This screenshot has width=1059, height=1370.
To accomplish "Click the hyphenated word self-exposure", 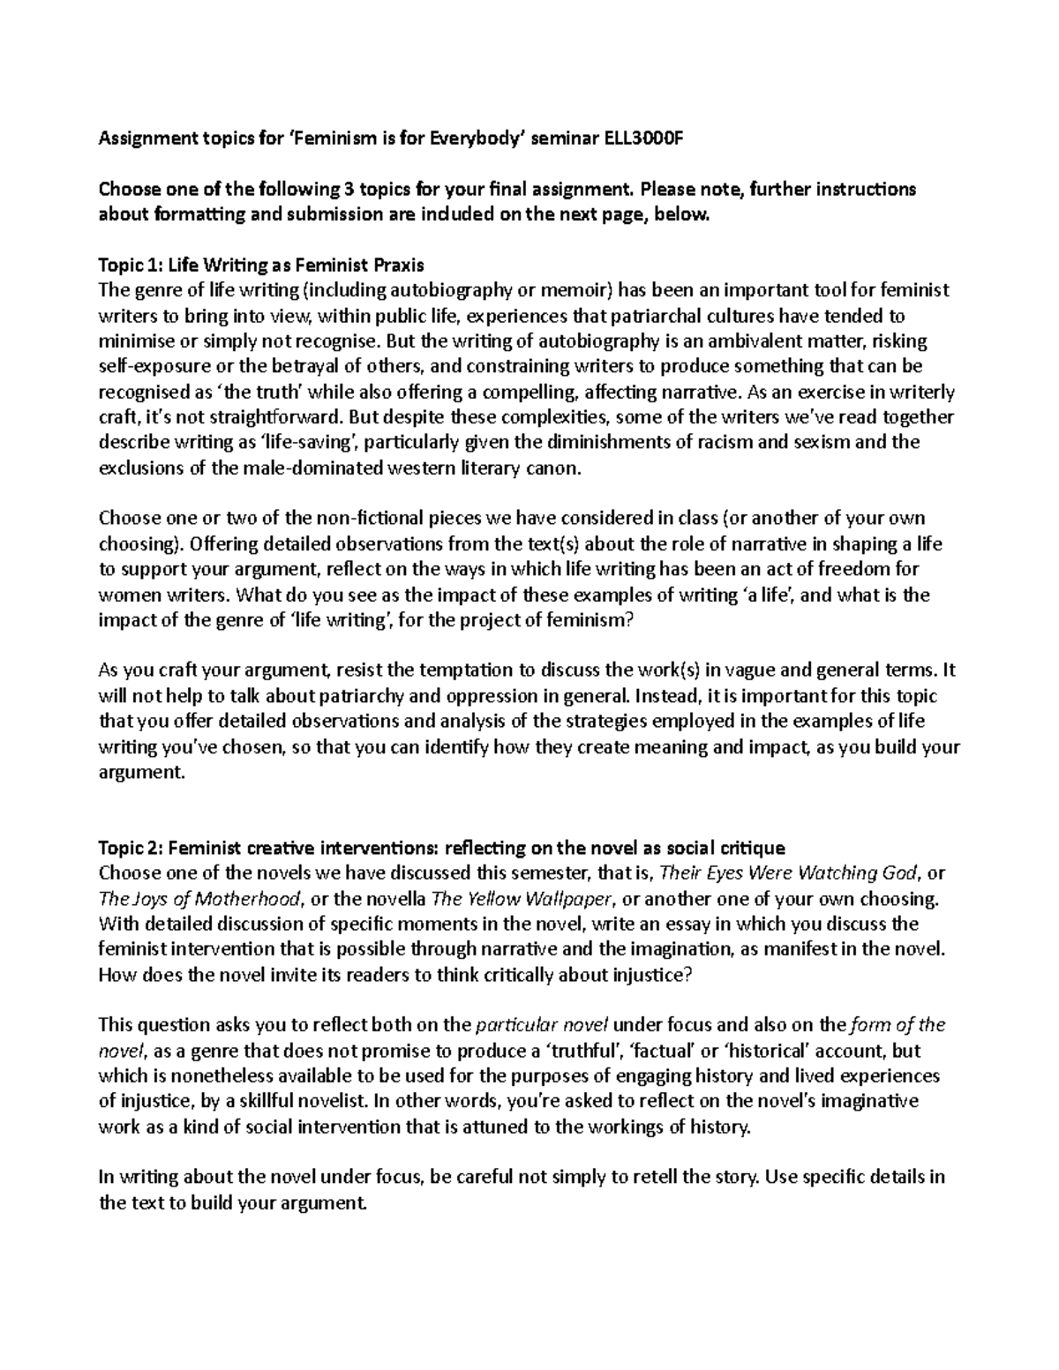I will tap(151, 366).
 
